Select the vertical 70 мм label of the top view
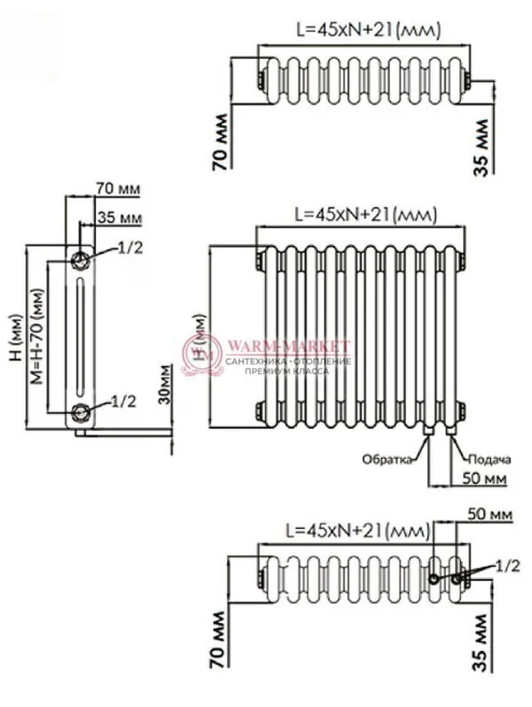point(219,144)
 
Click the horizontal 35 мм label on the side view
point(119,218)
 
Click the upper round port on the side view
point(82,256)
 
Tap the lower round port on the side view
point(82,411)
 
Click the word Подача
point(489,459)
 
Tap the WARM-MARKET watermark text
point(289,346)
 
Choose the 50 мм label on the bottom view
point(483,514)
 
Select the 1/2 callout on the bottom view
point(507,565)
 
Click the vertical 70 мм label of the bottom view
point(219,663)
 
